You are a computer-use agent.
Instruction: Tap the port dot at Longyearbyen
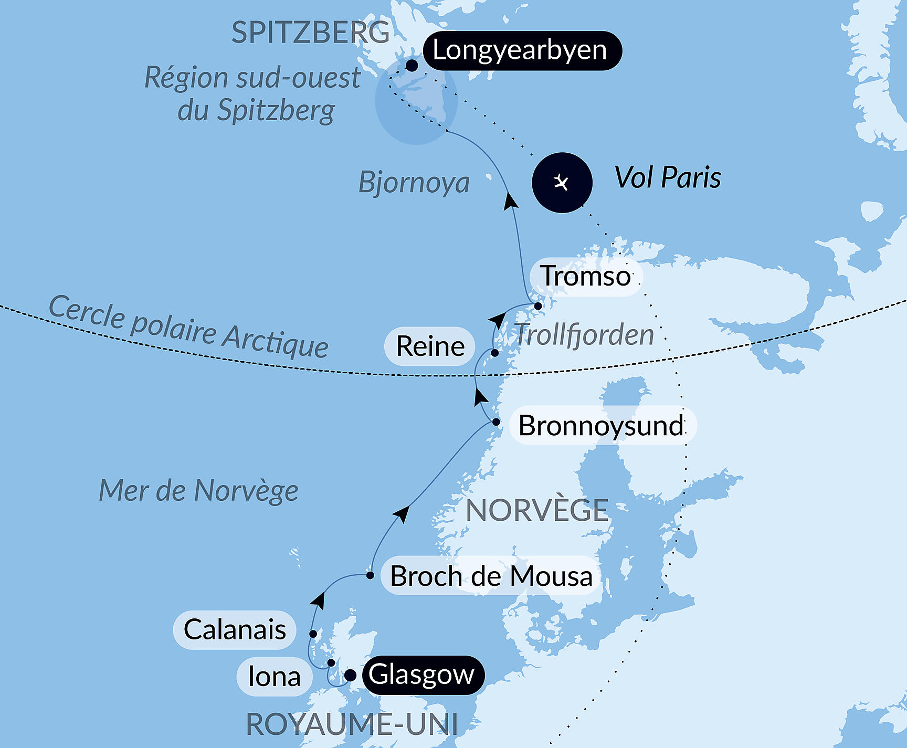point(412,66)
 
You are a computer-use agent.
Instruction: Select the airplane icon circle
point(562,183)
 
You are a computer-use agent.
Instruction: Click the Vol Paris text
point(668,177)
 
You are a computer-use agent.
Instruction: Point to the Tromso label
point(586,276)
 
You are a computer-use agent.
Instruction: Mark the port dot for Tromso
point(538,306)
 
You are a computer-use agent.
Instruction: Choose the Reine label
point(430,346)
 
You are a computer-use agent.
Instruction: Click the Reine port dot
point(494,353)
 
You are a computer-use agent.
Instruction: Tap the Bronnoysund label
point(602,425)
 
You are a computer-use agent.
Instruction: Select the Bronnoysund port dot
point(496,422)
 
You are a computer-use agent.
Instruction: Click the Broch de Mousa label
point(491,576)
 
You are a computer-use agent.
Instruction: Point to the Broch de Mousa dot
point(370,575)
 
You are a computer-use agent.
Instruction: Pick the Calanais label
point(235,630)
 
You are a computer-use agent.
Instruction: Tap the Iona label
point(274,677)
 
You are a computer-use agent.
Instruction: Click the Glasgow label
point(422,675)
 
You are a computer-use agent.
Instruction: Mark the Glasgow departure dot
point(350,676)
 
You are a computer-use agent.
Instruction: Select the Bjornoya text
point(414,183)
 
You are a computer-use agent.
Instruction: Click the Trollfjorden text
point(584,334)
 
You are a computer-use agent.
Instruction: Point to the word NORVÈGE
point(537,511)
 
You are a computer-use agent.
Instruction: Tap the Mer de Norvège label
point(198,491)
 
